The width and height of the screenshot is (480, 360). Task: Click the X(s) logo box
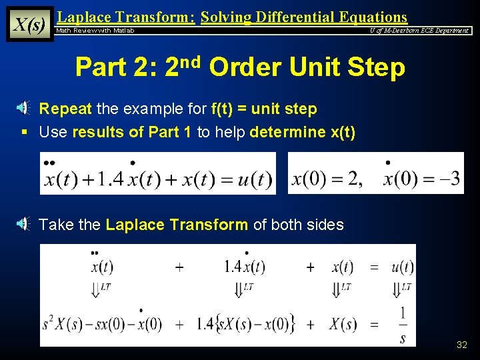click(x=30, y=25)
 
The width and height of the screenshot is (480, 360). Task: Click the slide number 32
click(x=462, y=345)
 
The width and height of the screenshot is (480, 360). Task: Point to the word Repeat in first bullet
click(x=66, y=109)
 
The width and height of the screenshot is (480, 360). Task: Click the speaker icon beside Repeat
click(x=22, y=109)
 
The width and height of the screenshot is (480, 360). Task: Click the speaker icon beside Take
click(x=22, y=224)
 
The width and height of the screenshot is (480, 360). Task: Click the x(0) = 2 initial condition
click(x=327, y=179)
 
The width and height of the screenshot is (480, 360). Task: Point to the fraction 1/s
click(x=403, y=325)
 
